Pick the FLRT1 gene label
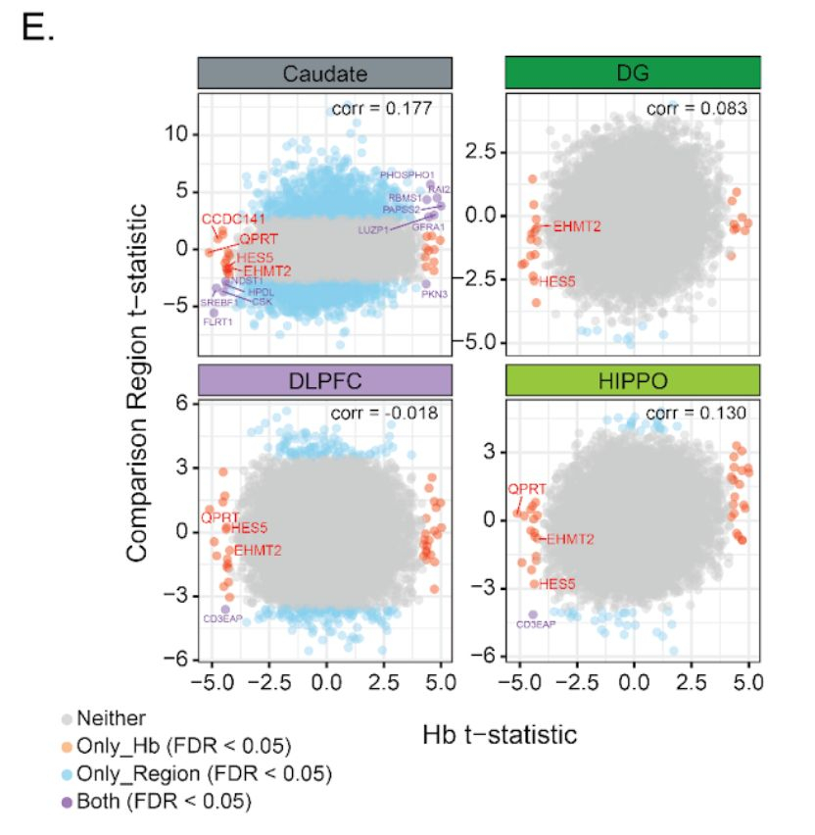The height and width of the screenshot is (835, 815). tap(217, 321)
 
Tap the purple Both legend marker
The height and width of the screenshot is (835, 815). tap(66, 802)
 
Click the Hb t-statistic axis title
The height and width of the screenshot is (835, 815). tap(500, 733)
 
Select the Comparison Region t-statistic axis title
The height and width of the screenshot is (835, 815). tap(138, 382)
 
